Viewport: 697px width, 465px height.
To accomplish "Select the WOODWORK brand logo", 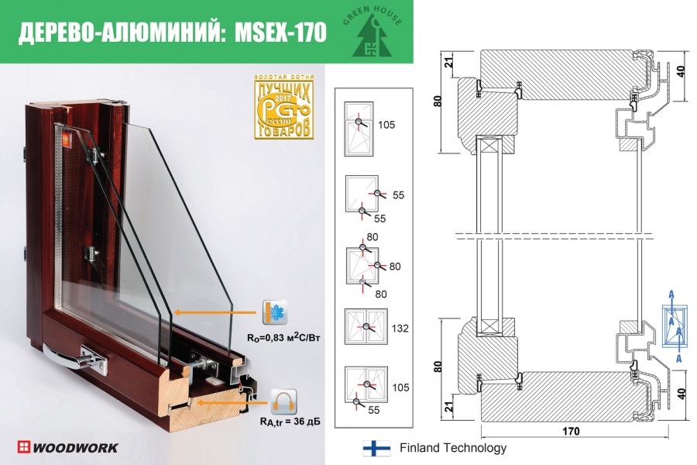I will pyautogui.click(x=68, y=447).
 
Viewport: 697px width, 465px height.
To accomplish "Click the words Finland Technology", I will pyautogui.click(x=453, y=448).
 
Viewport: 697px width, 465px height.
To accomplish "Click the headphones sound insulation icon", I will pyautogui.click(x=283, y=402).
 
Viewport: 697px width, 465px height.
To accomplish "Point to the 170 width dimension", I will pyautogui.click(x=569, y=431).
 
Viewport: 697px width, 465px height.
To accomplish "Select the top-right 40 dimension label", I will pyautogui.click(x=680, y=71).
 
